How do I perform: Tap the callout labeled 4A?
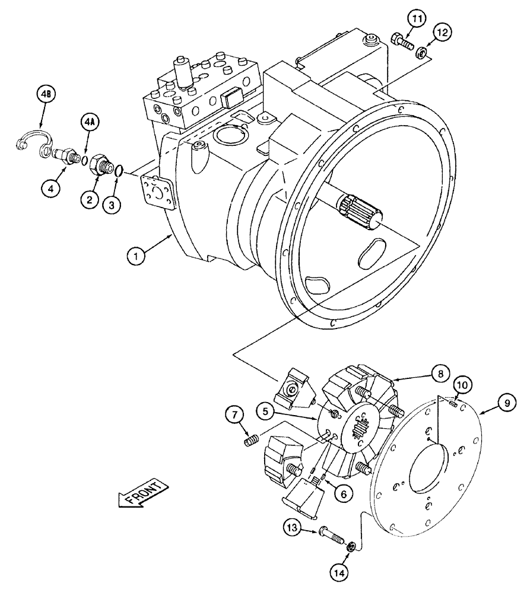(88, 124)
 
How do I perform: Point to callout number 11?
(417, 20)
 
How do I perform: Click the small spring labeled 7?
(252, 441)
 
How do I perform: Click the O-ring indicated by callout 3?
(119, 171)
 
